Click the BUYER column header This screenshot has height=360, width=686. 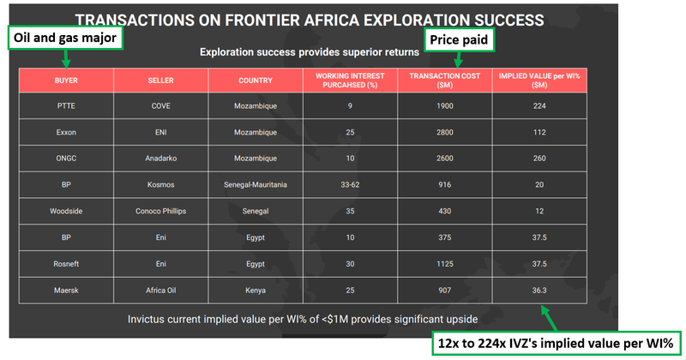coord(66,81)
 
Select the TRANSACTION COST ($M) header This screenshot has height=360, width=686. coord(444,81)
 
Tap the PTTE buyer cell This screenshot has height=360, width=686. coord(66,105)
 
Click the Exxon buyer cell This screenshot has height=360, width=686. coord(66,132)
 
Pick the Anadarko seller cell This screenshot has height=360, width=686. coord(160,159)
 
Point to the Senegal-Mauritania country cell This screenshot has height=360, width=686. coord(256,184)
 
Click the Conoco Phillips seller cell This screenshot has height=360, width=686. coord(160,211)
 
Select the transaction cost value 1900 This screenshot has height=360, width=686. coord(444,105)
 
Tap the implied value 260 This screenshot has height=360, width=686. coord(539,159)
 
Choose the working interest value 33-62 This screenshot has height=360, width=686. coord(350,184)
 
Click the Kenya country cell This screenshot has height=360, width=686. coord(256,290)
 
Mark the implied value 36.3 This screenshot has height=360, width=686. coord(539,290)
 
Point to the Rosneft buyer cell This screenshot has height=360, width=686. coord(66,264)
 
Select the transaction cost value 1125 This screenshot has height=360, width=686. coord(444,264)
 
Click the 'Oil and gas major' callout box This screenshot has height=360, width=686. coord(65,38)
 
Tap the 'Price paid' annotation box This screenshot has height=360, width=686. coord(459,40)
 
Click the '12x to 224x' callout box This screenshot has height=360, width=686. coord(556,344)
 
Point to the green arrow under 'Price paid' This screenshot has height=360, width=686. coord(458,60)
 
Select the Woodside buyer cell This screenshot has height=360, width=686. coord(66,211)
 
